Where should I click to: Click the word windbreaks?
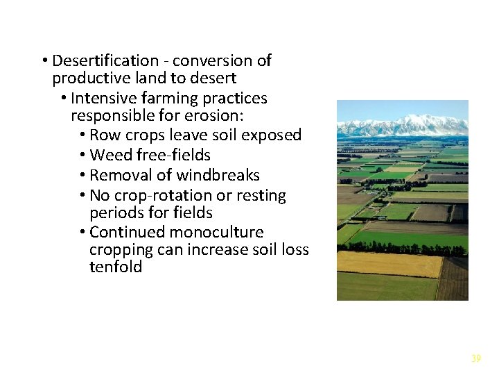218,175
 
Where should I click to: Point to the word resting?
259,196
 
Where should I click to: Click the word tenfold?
116,267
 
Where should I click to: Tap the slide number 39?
475,358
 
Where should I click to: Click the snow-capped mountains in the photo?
402,126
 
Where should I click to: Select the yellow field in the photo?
388,263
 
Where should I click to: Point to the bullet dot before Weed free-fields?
82,155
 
